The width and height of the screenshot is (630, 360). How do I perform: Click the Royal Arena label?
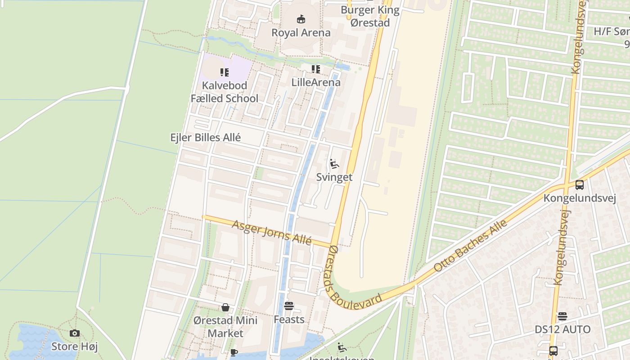[301, 32]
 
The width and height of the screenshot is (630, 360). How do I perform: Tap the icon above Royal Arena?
[301, 19]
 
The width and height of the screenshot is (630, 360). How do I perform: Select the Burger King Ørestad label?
[370, 16]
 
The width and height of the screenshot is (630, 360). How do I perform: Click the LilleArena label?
[316, 82]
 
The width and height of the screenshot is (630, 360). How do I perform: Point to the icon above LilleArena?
[316, 69]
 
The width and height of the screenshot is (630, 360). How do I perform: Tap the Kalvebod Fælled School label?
[225, 92]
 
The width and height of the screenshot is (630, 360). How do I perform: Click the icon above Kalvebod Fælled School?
[225, 72]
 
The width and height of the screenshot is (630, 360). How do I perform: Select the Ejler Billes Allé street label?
[206, 137]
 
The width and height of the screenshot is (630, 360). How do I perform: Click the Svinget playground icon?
[334, 164]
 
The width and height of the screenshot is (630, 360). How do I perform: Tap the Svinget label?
[334, 177]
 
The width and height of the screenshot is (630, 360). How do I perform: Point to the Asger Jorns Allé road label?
[272, 232]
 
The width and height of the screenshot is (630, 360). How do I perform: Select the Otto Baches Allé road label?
[471, 245]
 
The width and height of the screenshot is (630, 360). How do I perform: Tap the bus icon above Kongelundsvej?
[580, 184]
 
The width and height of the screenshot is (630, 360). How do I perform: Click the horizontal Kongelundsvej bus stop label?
[580, 198]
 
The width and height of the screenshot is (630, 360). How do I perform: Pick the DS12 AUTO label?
[562, 329]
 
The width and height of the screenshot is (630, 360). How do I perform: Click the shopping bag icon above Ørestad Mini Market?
[225, 307]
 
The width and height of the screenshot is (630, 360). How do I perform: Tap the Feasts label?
[289, 319]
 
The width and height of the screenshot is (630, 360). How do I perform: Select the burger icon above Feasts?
[289, 306]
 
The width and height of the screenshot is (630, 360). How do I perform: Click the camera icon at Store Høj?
[75, 333]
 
